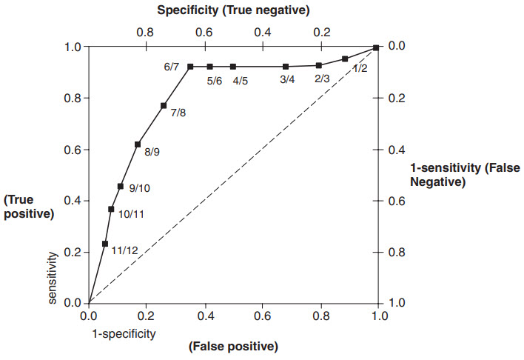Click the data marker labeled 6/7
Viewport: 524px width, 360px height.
(x=190, y=67)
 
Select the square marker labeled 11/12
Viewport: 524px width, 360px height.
(x=105, y=244)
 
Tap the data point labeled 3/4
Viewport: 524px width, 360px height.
(x=286, y=67)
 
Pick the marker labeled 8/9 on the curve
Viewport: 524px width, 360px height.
(x=138, y=144)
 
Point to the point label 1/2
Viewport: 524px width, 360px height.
(x=360, y=68)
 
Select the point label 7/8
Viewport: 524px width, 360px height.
(x=178, y=113)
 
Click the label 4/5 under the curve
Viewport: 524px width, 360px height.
(x=241, y=81)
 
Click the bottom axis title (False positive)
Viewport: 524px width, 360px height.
(x=232, y=346)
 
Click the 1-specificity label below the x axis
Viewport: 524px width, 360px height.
(x=124, y=333)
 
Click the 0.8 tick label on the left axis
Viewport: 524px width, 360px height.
(x=73, y=99)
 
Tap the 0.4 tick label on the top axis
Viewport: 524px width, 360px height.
(x=262, y=33)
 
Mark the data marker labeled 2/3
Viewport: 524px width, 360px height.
(x=319, y=65)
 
